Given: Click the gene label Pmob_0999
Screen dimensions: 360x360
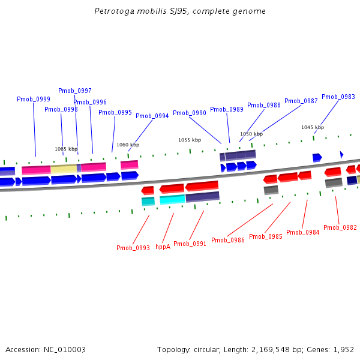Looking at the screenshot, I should [x=34, y=99].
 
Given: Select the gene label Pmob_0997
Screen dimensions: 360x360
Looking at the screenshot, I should [x=75, y=91].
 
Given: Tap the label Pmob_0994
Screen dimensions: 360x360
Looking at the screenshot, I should [x=152, y=116].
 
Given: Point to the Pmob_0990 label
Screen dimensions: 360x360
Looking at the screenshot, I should [x=190, y=113].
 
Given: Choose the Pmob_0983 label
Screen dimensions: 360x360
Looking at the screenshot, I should [x=338, y=97].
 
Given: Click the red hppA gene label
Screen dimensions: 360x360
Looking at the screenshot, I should [x=163, y=247].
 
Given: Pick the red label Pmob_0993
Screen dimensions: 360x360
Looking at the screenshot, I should [x=133, y=248].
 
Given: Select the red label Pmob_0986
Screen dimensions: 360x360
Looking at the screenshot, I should [x=228, y=240].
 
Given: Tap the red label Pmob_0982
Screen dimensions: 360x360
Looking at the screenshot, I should [x=340, y=227].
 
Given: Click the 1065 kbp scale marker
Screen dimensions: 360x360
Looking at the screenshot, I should [x=66, y=149].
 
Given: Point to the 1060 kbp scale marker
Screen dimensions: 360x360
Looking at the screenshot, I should [x=128, y=145].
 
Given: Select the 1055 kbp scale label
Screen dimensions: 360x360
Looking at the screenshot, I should [x=189, y=140].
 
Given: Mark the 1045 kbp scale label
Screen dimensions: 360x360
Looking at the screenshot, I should [x=313, y=127].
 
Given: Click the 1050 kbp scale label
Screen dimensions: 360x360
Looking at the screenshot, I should [x=251, y=134].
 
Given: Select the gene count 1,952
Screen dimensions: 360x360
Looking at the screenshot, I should [x=343, y=349].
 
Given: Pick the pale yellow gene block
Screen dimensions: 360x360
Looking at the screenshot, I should [x=64, y=169].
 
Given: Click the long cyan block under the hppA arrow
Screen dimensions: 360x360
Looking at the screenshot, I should [x=172, y=200].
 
